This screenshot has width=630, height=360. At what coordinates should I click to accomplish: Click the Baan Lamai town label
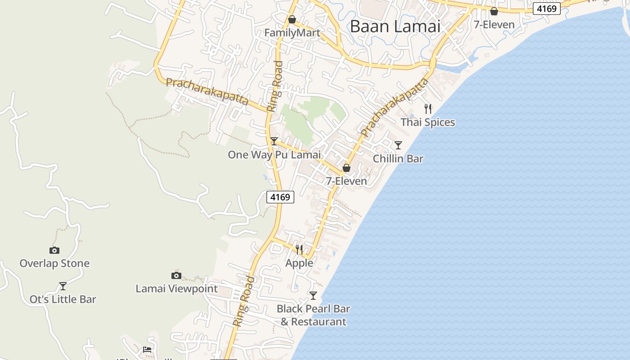click(x=395, y=27)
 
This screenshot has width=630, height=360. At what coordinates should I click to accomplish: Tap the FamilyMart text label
click(x=292, y=33)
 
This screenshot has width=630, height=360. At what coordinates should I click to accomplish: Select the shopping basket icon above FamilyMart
click(x=292, y=19)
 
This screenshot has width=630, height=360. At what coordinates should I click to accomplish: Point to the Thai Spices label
click(x=427, y=122)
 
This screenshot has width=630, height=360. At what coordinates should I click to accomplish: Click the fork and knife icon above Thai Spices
click(x=428, y=108)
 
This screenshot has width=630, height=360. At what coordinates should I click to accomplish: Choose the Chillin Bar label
click(x=398, y=159)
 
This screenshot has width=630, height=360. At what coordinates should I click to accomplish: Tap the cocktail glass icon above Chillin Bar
click(x=398, y=145)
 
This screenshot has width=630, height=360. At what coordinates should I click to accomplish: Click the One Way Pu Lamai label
click(x=274, y=155)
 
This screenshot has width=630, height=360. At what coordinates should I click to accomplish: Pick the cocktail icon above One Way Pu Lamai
click(x=274, y=141)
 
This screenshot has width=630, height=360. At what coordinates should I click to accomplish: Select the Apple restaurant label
click(x=299, y=263)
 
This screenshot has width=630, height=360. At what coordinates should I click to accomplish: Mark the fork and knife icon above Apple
click(x=299, y=249)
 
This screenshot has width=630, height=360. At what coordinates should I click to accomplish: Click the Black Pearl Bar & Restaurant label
click(x=313, y=315)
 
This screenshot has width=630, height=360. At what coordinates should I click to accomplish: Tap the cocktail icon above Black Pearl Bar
click(x=313, y=296)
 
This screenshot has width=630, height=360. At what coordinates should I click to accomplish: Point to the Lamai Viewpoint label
click(x=176, y=289)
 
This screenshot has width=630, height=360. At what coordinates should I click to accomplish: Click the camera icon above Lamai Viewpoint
click(x=176, y=275)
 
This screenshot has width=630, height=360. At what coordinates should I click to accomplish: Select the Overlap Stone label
click(x=54, y=264)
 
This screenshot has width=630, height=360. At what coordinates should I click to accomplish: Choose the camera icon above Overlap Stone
click(x=54, y=250)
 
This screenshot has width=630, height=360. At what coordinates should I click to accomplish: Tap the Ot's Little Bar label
click(x=63, y=300)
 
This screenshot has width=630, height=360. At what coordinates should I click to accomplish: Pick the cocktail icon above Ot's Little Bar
click(x=63, y=286)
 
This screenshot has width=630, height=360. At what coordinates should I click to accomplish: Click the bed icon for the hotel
click(x=147, y=350)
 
